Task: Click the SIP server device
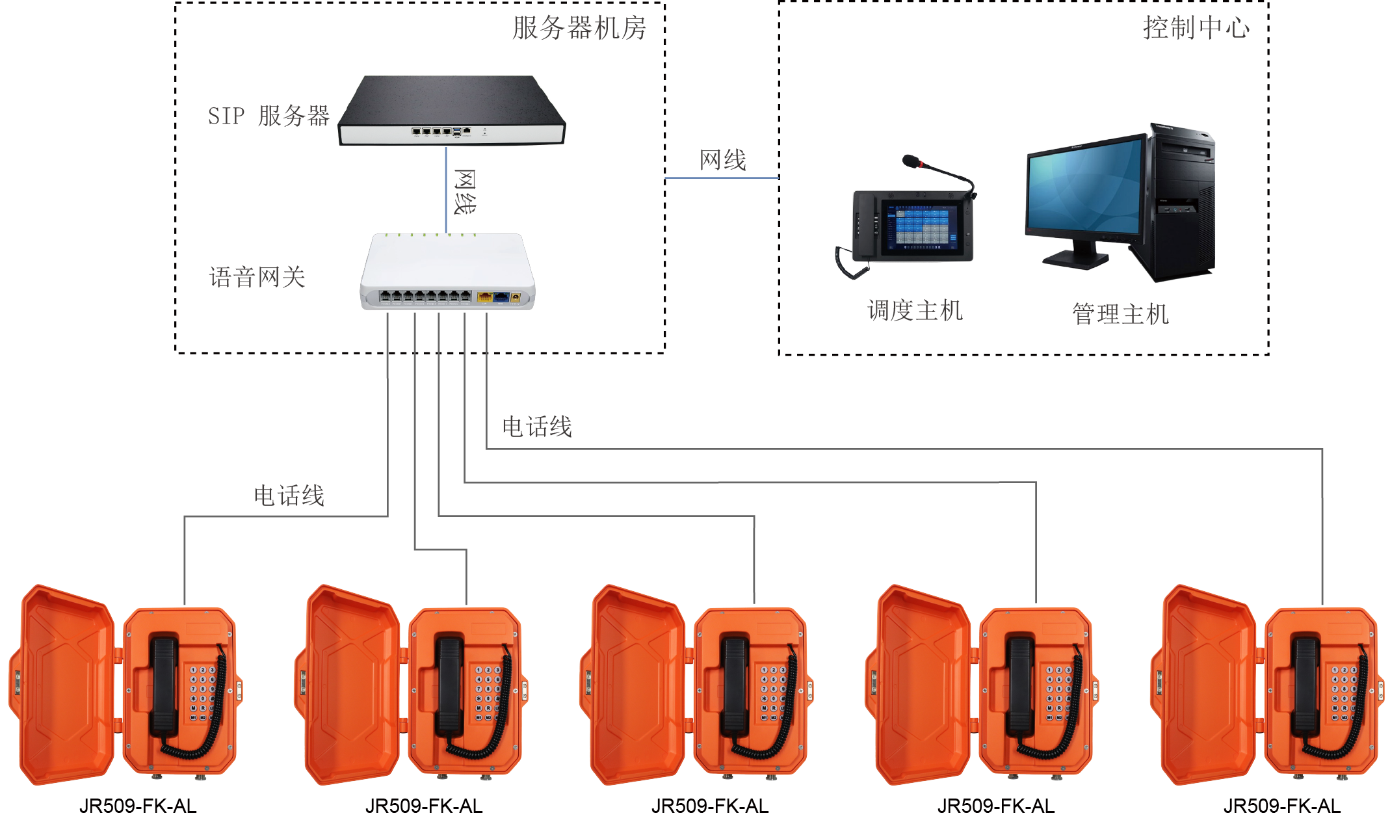point(451,111)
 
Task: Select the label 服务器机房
point(579,28)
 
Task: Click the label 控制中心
point(1196,28)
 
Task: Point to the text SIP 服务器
point(269,116)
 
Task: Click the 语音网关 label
point(257,277)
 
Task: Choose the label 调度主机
point(914,310)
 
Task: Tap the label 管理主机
point(1120,314)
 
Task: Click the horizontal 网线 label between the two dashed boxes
point(722,160)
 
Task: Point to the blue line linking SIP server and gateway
point(446,189)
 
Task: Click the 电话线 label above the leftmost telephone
point(289,496)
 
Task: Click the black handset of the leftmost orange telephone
point(164,683)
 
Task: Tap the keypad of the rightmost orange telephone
point(1343,693)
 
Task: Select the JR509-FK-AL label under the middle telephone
point(710,806)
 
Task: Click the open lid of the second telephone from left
point(351,683)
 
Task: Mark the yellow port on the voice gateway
point(484,297)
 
